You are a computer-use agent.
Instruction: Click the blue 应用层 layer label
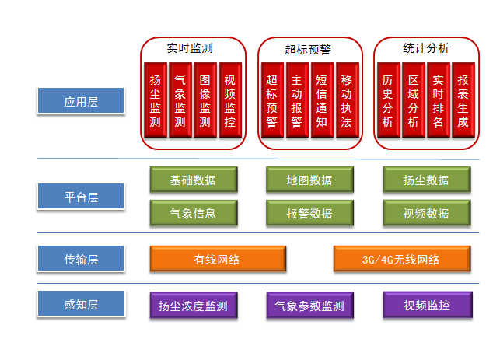point(81,102)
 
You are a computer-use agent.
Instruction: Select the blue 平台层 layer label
point(81,197)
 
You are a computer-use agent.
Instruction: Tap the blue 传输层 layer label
point(81,258)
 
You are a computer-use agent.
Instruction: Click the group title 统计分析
point(426,48)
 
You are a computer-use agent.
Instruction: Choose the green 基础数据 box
point(193,180)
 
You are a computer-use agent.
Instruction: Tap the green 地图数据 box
point(309,180)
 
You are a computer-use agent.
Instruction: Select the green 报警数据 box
point(309,213)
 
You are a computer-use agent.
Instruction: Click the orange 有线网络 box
point(216,259)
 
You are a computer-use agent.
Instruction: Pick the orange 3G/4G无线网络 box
point(400,259)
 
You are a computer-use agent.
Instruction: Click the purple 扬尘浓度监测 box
point(192,306)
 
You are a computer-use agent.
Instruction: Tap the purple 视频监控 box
point(427,306)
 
